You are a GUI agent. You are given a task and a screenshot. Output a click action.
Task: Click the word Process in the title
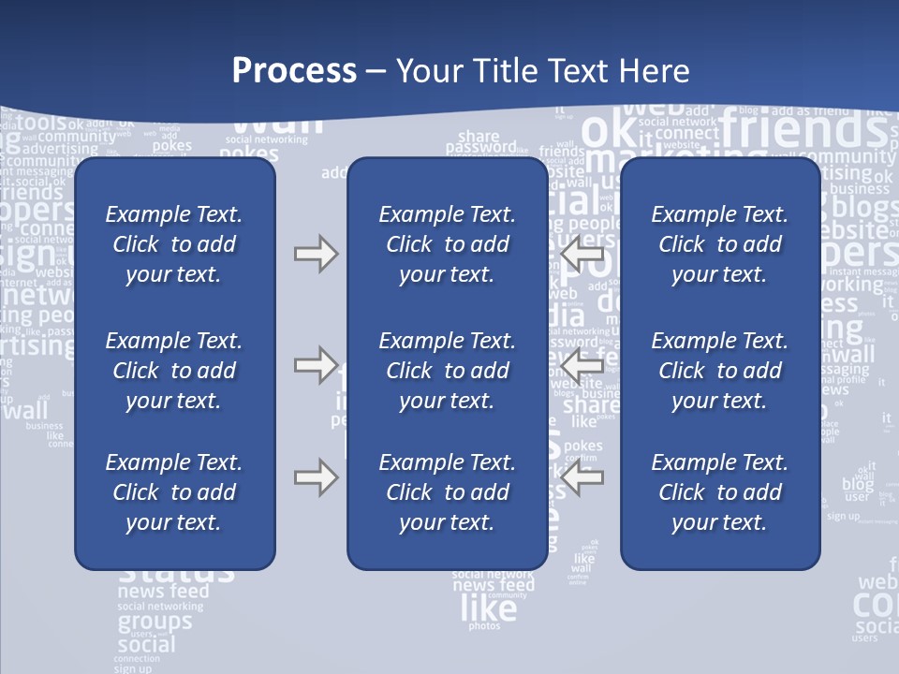294,71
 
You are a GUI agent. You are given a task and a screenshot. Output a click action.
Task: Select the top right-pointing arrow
316,254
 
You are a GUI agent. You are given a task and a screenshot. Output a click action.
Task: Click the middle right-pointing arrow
316,364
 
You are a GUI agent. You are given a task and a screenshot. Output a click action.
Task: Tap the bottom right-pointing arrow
316,477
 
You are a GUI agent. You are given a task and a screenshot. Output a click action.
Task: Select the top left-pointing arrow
581,254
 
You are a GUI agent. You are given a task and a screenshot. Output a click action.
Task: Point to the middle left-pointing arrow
581,364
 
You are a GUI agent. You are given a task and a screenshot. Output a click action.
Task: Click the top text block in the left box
174,244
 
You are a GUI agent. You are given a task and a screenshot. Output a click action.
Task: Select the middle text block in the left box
174,371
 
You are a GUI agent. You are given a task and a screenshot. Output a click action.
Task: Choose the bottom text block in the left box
174,492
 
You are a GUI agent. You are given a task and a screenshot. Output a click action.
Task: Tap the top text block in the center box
447,244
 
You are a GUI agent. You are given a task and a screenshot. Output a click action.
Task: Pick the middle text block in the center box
447,371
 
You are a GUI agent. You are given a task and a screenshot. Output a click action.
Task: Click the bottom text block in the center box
447,492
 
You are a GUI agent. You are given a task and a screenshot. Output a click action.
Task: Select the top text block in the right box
720,244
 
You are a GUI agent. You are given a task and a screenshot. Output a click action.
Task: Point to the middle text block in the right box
720,371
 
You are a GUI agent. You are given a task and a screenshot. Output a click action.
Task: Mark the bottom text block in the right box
720,492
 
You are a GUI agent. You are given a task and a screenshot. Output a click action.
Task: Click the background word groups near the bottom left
155,623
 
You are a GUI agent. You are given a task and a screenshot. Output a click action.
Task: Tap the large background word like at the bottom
488,609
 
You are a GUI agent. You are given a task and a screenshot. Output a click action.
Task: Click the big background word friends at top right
796,129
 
